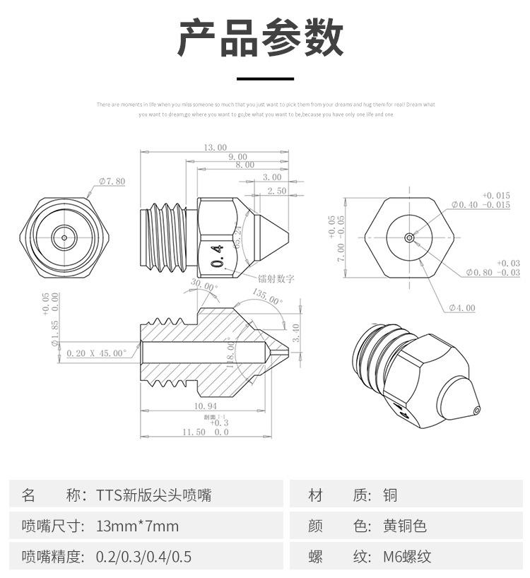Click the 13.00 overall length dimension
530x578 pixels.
pyautogui.click(x=216, y=148)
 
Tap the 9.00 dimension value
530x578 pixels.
pyautogui.click(x=238, y=156)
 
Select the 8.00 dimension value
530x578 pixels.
pyautogui.click(x=245, y=165)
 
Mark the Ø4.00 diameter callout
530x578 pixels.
pyautogui.click(x=462, y=307)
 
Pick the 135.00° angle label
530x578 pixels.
pyautogui.click(x=266, y=297)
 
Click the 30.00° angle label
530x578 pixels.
pyautogui.click(x=205, y=285)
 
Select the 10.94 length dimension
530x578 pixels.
pyautogui.click(x=204, y=406)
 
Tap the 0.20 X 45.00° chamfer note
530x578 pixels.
pyautogui.click(x=97, y=353)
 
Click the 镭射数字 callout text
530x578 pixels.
pyautogui.click(x=275, y=278)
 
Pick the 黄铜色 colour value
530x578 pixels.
pyautogui.click(x=405, y=526)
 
